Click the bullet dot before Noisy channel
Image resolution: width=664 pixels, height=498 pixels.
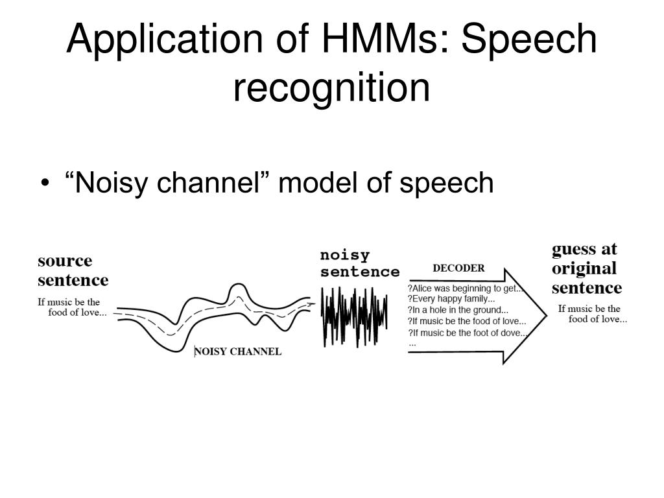tap(44, 184)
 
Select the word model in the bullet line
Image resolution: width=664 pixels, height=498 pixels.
tap(314, 184)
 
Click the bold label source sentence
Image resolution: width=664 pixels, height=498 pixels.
tap(73, 270)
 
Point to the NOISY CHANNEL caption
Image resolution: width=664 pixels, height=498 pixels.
tap(239, 351)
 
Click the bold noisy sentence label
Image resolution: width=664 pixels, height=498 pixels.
tap(360, 263)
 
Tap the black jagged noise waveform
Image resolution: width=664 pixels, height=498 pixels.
tap(354, 315)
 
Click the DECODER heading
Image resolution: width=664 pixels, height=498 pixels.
tap(458, 268)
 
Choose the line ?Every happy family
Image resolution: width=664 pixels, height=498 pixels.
tap(451, 299)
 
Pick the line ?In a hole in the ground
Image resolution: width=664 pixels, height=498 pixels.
tap(458, 310)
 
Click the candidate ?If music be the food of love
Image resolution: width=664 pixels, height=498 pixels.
tap(467, 321)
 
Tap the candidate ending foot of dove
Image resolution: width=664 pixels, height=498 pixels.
tap(468, 333)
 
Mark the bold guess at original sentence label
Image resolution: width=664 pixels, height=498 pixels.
tap(586, 268)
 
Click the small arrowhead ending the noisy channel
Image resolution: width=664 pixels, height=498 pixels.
tap(313, 303)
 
